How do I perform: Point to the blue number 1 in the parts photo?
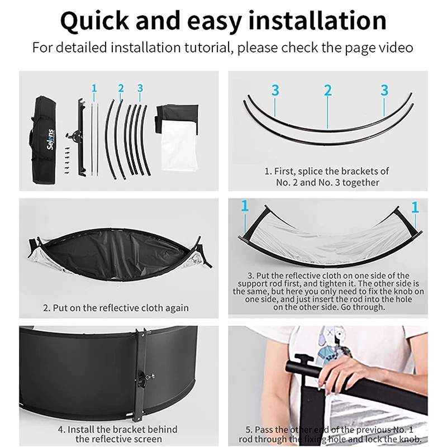click(94, 88)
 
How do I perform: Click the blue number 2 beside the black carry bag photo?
click(121, 88)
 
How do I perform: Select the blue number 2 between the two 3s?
click(328, 90)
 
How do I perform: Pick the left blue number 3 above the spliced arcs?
click(275, 90)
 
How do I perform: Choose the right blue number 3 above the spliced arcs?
click(384, 90)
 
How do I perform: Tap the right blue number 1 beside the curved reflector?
click(415, 207)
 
